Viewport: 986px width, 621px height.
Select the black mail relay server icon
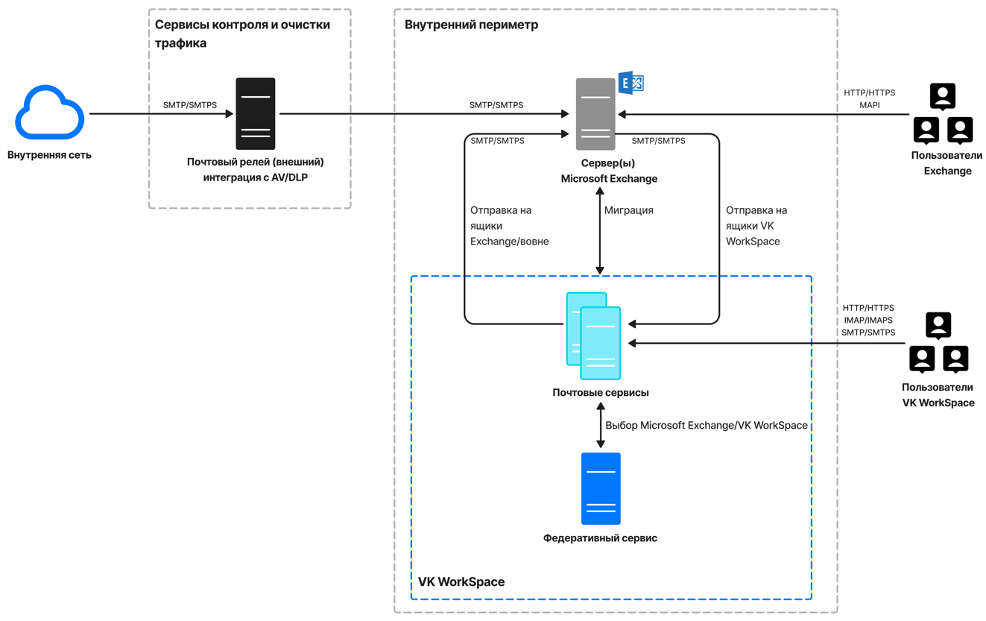coord(256,114)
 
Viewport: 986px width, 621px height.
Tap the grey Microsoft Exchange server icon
coord(595,114)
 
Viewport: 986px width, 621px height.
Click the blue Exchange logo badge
coord(631,83)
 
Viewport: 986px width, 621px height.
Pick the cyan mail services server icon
coord(594,336)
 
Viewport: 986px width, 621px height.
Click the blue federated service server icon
coord(601,489)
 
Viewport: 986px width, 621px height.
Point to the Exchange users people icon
coord(943,114)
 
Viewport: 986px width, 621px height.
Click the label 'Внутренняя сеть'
coord(49,155)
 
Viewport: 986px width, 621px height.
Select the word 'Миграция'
coord(628,210)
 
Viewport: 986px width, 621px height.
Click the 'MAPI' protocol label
coord(869,105)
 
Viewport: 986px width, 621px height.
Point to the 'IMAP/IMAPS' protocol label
coord(868,320)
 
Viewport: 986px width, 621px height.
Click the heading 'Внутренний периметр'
coord(471,25)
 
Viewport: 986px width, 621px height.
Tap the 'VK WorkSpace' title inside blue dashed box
coord(461,581)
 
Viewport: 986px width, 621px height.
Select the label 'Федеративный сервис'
coord(600,538)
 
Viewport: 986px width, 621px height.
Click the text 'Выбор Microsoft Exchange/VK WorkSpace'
coord(706,426)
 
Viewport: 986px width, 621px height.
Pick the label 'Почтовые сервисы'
coord(600,392)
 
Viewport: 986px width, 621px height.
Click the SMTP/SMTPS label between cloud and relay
coord(190,105)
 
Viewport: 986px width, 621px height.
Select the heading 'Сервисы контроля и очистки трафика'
coord(242,34)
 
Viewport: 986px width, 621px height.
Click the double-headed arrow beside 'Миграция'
coord(600,231)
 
